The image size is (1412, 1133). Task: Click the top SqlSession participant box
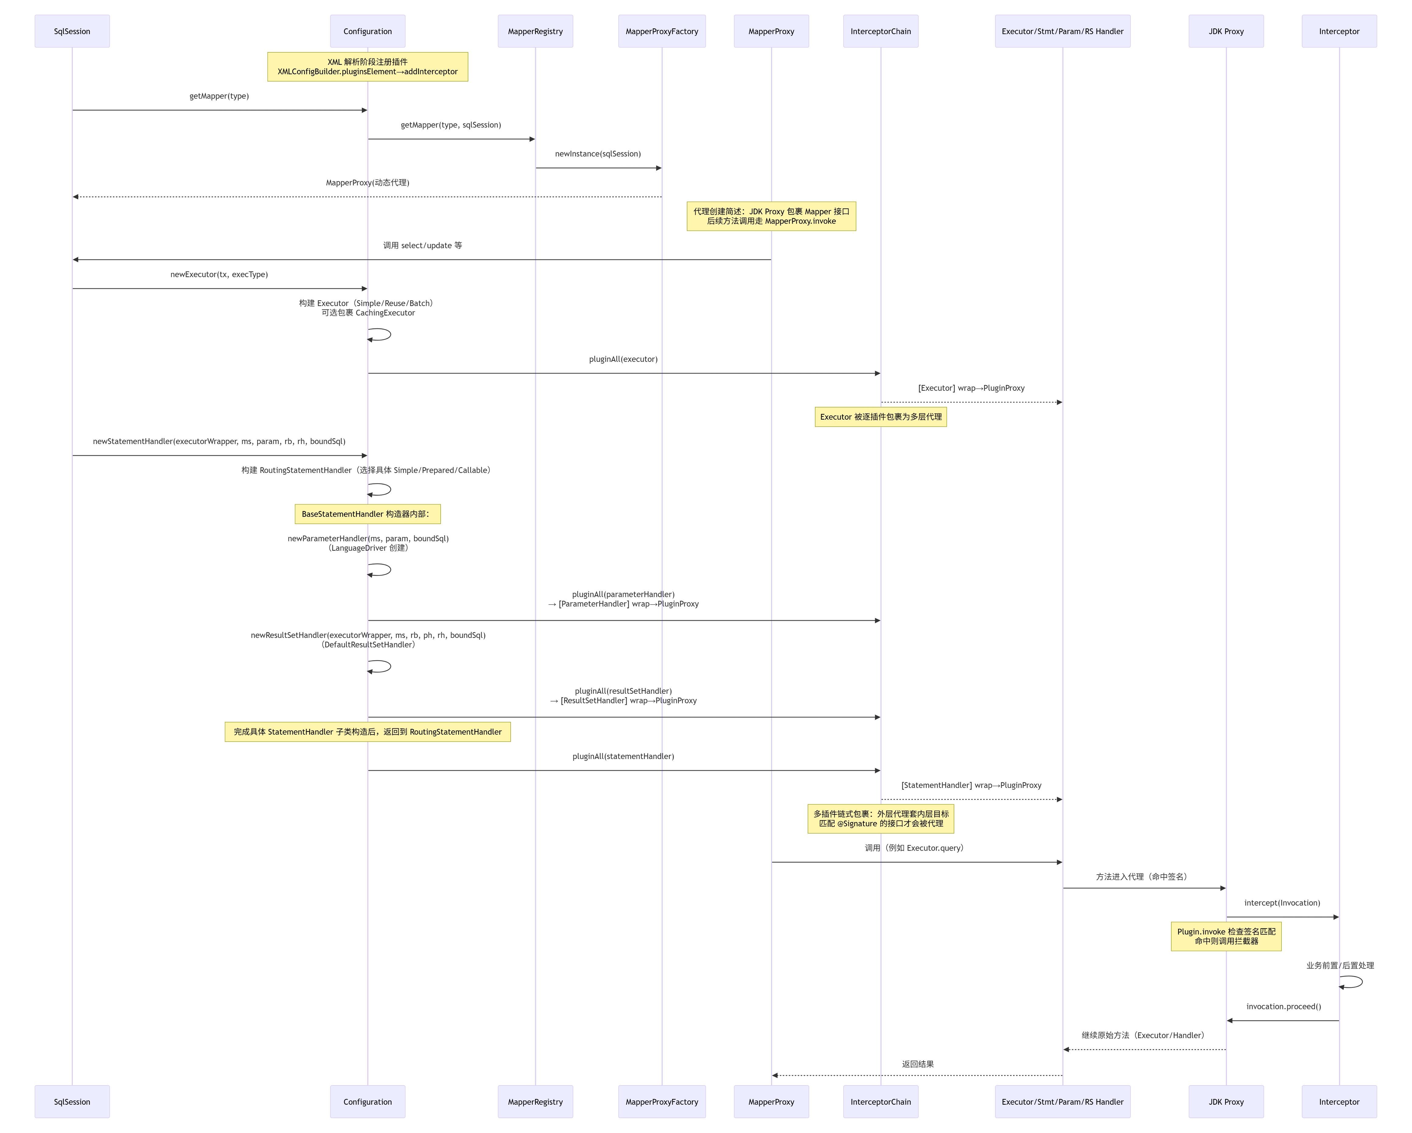point(72,31)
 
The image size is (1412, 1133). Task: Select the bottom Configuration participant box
point(367,1102)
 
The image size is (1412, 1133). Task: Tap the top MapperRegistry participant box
point(535,31)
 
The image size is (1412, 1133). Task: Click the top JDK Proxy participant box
point(1226,31)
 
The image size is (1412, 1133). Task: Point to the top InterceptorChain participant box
point(880,31)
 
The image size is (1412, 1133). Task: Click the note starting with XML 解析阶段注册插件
point(367,67)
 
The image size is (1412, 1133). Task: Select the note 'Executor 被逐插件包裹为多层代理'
point(880,417)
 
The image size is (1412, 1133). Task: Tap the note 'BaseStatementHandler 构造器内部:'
point(367,514)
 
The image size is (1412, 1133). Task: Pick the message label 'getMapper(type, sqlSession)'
point(451,125)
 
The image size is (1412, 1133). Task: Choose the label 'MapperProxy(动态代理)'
point(367,183)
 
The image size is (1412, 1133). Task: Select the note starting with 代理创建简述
point(771,216)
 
